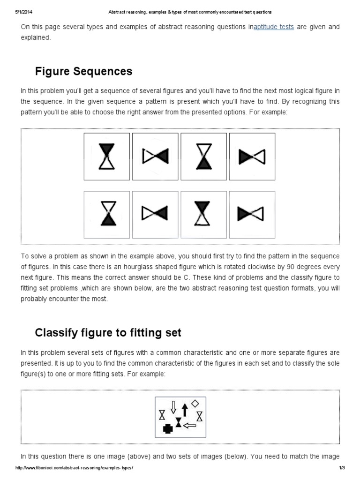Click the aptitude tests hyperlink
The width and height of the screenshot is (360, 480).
coord(274,27)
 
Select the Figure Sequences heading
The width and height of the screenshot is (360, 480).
coord(84,72)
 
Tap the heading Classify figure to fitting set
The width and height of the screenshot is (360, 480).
coord(108,333)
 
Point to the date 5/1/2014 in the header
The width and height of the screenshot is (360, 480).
coord(24,12)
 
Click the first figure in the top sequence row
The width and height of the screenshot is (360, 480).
coord(107,157)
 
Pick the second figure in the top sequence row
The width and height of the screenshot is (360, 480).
coord(155,157)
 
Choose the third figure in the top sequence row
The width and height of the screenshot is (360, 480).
coord(204,157)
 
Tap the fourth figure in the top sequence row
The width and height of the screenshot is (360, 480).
coord(252,157)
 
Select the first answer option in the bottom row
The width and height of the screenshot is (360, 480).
coord(107,215)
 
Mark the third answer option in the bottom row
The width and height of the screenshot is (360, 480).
coord(204,215)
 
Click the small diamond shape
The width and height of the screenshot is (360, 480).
coord(195,403)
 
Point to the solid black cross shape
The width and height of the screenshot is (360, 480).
coord(167,428)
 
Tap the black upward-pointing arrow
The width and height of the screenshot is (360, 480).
coord(184,410)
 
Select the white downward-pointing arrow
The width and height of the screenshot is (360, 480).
coord(173,407)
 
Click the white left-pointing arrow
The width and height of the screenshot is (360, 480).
coord(189,426)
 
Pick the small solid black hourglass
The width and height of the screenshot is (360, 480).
coord(178,422)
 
